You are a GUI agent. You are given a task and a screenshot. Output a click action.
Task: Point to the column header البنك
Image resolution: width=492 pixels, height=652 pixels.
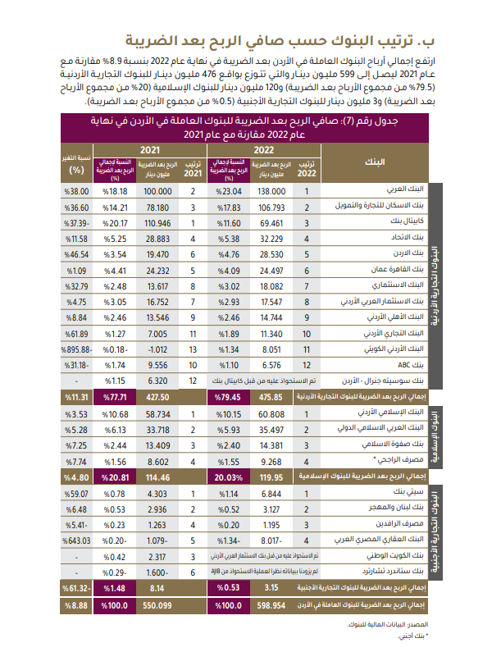pos(375,161)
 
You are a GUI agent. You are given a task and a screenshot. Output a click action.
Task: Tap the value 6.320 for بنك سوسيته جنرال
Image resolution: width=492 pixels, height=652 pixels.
pos(155,380)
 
